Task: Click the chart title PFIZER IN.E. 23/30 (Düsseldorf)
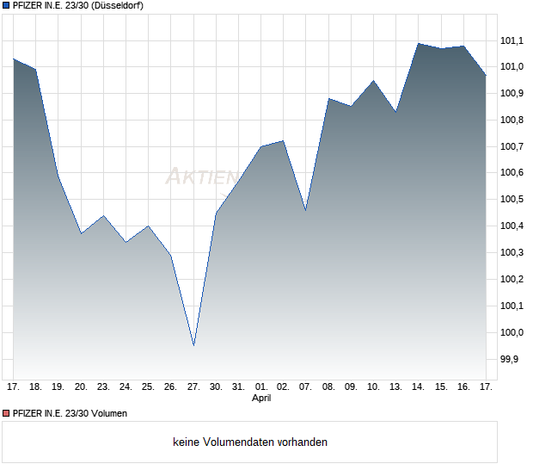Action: click(x=78, y=6)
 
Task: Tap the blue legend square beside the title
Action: click(x=7, y=6)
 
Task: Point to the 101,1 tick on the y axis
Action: click(x=512, y=40)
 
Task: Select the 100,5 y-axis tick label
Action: click(x=512, y=200)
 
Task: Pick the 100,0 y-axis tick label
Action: click(x=512, y=332)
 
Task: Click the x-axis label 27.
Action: click(x=193, y=387)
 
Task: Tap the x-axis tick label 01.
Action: click(x=261, y=387)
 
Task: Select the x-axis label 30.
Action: click(x=216, y=387)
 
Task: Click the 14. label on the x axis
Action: click(x=419, y=387)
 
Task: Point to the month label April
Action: click(x=261, y=399)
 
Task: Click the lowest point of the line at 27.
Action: click(x=193, y=345)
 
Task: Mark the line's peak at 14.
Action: click(x=419, y=43)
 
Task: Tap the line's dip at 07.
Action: click(x=306, y=210)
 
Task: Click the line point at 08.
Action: click(x=328, y=99)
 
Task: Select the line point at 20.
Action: click(x=81, y=233)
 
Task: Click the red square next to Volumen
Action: click(x=7, y=413)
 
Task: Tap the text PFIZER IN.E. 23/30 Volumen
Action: click(x=70, y=413)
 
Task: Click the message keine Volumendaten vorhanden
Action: click(x=250, y=442)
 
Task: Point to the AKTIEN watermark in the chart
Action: click(x=201, y=177)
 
